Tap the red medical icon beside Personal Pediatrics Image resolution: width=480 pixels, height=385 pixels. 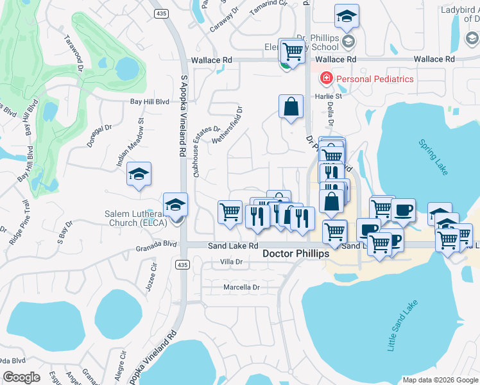[x=326, y=79]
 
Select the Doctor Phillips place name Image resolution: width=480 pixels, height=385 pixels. [x=296, y=253]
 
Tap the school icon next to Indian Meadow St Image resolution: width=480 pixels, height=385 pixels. [x=139, y=175]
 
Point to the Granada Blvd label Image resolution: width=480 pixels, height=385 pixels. [x=156, y=244]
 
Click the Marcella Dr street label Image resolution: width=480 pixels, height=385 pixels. [x=241, y=287]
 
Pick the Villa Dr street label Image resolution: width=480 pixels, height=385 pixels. [x=230, y=262]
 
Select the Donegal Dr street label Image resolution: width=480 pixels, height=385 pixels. [x=100, y=137]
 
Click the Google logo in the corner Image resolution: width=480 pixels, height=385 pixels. [x=22, y=377]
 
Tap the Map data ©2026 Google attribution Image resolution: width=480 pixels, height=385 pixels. [x=440, y=380]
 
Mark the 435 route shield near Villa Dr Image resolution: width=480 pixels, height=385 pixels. [x=182, y=264]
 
